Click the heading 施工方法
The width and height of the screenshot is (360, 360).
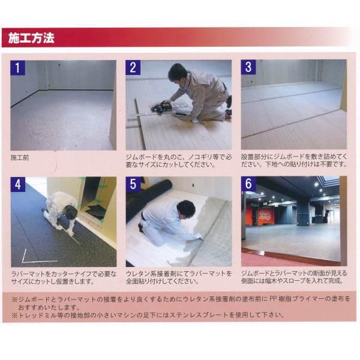pos(32,38)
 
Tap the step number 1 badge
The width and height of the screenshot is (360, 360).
pos(19,67)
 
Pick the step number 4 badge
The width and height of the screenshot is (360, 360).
pos(19,184)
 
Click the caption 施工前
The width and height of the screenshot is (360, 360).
pos(20,157)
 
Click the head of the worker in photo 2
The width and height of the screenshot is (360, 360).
pos(176,73)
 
